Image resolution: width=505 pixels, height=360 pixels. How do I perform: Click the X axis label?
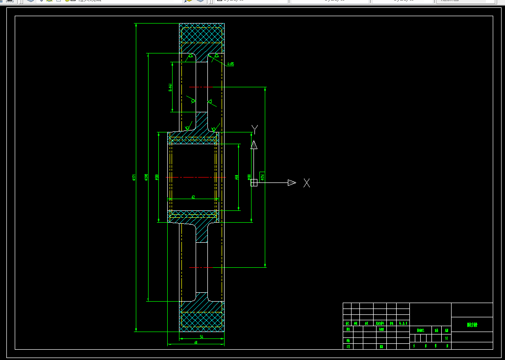(307, 183)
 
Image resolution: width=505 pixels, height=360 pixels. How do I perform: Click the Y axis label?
(254, 129)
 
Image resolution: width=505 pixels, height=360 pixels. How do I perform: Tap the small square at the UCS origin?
(254, 183)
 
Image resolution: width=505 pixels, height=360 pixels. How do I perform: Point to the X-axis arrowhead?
(292, 183)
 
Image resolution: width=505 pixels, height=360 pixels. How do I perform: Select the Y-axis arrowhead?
(254, 145)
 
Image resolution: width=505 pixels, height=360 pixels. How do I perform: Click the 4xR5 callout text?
(230, 64)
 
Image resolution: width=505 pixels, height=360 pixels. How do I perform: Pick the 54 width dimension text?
(202, 337)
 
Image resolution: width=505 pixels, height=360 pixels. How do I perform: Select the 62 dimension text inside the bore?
(193, 197)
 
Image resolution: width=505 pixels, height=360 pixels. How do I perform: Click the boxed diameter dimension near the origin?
(262, 177)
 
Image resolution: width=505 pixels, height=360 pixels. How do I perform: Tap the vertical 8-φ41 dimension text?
(170, 87)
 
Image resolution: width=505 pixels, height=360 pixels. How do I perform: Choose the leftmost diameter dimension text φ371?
(134, 178)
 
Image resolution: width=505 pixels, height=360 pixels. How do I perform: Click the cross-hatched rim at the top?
(202, 35)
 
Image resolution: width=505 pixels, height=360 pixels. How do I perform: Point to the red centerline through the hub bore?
(193, 177)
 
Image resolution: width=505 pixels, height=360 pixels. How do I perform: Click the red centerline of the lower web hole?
(201, 267)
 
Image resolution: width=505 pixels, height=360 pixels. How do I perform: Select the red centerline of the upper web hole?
(201, 87)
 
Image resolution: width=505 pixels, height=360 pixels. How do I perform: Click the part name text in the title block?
(472, 325)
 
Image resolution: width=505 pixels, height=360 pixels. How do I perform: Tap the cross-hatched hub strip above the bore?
(193, 141)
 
